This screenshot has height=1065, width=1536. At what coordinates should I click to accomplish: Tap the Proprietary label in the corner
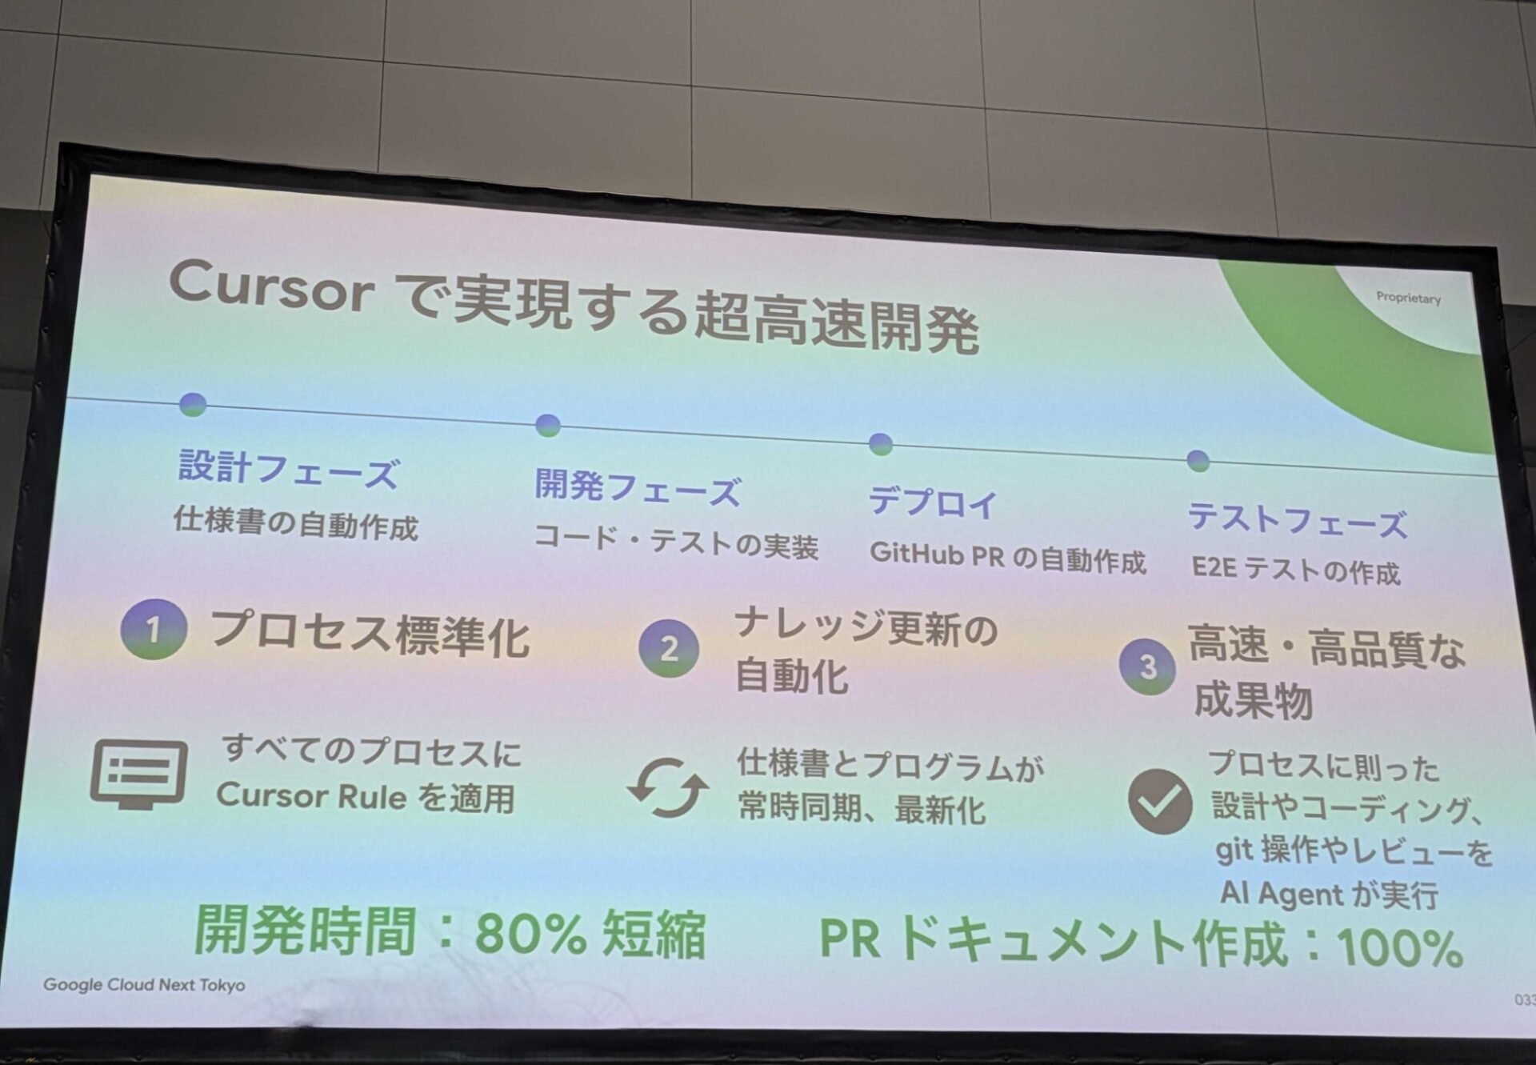click(1408, 298)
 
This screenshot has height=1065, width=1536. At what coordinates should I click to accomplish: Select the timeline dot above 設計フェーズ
click(193, 405)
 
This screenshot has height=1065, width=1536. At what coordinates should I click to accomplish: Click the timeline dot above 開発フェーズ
click(548, 425)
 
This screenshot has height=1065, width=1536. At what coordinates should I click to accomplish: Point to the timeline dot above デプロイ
click(880, 444)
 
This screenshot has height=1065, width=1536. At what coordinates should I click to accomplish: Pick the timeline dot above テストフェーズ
click(1198, 461)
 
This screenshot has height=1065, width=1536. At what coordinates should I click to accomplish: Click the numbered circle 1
click(154, 629)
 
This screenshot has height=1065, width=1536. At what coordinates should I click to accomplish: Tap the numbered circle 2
click(669, 649)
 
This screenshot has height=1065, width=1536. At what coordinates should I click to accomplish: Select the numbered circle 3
click(1147, 666)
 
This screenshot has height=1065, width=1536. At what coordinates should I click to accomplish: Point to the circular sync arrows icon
click(667, 788)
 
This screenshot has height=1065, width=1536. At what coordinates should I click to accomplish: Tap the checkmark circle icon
click(1159, 802)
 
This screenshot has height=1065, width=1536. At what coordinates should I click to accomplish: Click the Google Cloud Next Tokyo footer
click(144, 985)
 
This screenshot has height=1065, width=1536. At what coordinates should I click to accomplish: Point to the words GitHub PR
click(937, 554)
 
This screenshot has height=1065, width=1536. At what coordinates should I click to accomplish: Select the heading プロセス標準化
click(370, 634)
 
